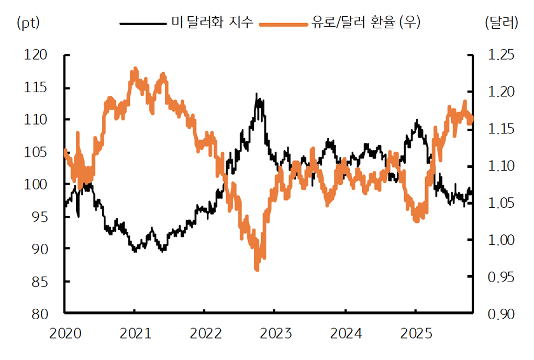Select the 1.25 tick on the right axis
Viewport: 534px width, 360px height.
tap(502, 55)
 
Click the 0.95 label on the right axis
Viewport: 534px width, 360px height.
tap(502, 277)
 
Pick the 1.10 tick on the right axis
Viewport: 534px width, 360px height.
tap(502, 166)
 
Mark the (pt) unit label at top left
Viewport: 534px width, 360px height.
tap(29, 22)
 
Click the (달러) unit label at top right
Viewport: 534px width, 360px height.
tap(502, 22)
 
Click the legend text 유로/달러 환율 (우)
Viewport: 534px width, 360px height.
tap(365, 22)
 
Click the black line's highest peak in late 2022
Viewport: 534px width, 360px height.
tap(257, 94)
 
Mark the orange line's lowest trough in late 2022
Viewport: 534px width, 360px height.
tap(257, 269)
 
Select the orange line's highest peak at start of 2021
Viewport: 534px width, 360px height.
tap(135, 69)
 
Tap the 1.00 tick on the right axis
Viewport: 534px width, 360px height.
tap(502, 240)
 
